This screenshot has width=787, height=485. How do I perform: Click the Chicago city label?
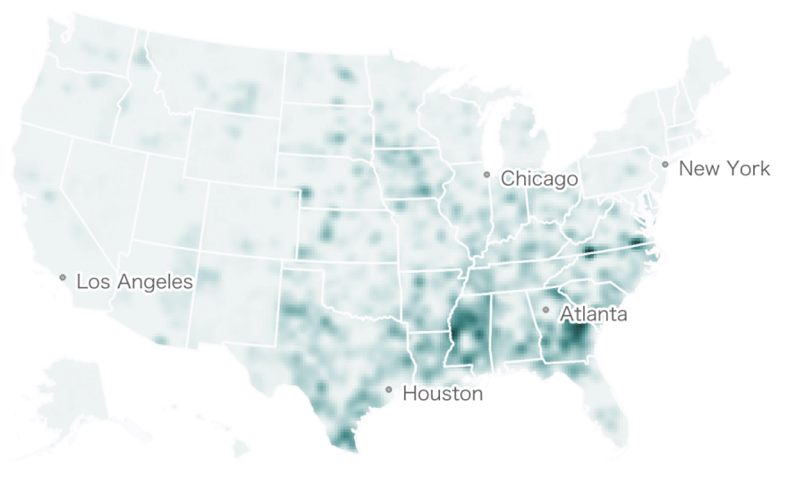(538, 179)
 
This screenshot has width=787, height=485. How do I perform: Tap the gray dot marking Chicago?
(487, 174)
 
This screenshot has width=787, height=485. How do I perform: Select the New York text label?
(724, 168)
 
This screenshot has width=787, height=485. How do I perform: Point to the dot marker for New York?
(665, 165)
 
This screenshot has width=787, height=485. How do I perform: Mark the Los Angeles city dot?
(63, 277)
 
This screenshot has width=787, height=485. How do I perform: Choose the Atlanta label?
(593, 314)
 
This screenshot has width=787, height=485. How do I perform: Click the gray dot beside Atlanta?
(546, 310)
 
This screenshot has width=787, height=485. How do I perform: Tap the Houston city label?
(442, 393)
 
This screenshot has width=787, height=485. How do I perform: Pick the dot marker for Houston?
(389, 389)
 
